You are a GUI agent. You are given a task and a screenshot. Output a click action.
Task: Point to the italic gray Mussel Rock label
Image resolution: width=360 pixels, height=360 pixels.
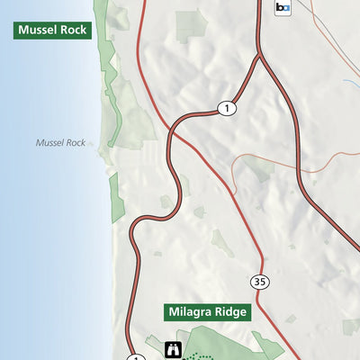click(x=60, y=142)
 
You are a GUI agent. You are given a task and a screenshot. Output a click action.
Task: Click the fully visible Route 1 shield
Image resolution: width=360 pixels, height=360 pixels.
click(x=226, y=108)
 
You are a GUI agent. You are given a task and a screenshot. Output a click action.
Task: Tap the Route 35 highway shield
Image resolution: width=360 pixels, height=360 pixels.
click(x=260, y=281)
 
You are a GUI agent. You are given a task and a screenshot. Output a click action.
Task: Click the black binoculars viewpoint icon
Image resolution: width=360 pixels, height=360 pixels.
click(x=173, y=349)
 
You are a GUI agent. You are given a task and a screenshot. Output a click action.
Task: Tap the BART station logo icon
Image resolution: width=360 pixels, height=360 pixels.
click(x=283, y=8)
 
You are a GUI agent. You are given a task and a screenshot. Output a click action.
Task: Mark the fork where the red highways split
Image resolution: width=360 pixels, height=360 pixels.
click(x=259, y=56)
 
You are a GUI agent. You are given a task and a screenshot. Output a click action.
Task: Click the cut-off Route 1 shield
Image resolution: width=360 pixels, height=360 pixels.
click(x=135, y=357)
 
